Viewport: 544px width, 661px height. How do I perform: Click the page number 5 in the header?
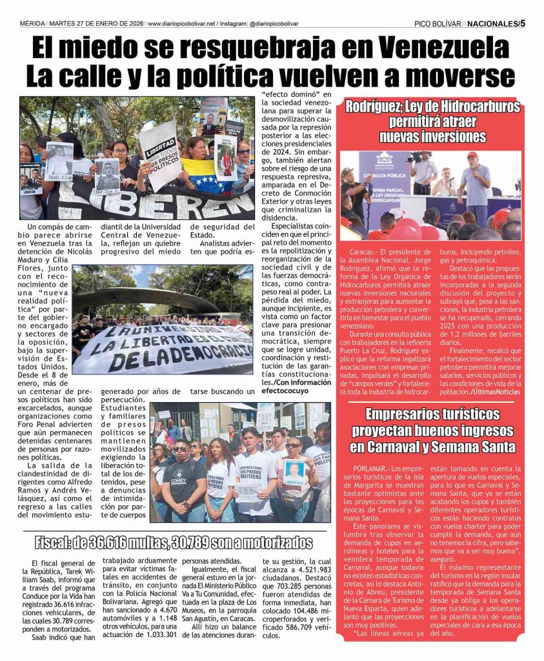[523, 23]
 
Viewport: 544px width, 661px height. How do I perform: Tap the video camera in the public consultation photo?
[417, 157]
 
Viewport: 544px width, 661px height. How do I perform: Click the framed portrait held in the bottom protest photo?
[294, 472]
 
